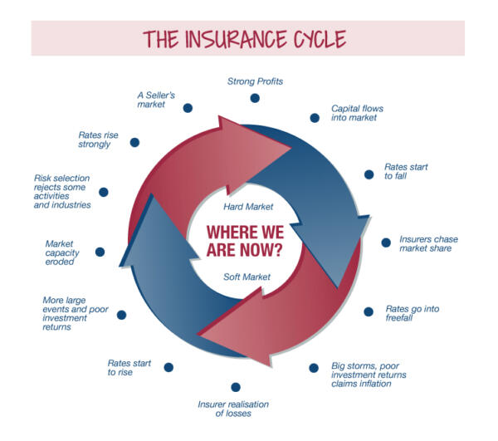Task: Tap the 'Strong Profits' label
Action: click(256, 81)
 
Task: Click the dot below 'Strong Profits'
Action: click(255, 98)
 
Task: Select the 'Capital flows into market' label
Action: click(357, 113)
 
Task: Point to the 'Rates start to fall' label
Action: click(406, 172)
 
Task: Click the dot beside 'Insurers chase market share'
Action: click(386, 243)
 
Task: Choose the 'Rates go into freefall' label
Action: click(413, 314)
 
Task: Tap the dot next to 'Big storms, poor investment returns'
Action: click(314, 368)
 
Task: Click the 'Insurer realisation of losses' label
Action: click(232, 409)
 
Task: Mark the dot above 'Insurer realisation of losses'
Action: click(236, 387)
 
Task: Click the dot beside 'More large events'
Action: click(122, 315)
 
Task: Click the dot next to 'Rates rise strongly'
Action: click(134, 142)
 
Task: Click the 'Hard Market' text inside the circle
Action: click(248, 206)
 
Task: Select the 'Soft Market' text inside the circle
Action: click(248, 277)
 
